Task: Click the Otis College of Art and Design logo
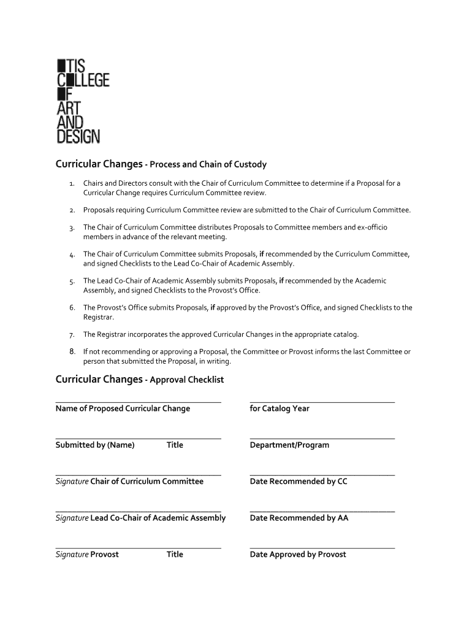(82, 101)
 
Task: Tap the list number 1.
(72, 184)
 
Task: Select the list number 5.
(72, 281)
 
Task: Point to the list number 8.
(72, 352)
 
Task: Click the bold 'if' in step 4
(262, 254)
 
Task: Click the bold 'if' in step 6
(212, 308)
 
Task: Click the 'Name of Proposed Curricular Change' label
(123, 408)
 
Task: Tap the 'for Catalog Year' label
(280, 408)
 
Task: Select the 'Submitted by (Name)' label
(95, 445)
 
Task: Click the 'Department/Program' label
(289, 445)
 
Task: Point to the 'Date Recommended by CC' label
(299, 481)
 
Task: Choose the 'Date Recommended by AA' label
(299, 518)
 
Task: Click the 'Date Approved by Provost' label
(298, 554)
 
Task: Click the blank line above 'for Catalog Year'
(322, 402)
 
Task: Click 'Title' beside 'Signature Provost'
(175, 554)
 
